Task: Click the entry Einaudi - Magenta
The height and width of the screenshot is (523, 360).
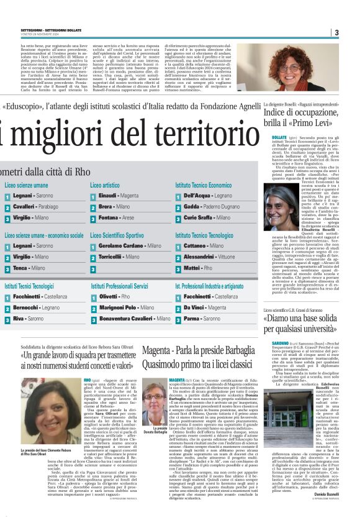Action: pyautogui.click(x=119, y=196)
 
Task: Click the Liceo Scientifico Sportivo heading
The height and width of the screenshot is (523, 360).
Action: pyautogui.click(x=119, y=235)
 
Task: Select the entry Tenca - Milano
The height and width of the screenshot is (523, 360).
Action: pyautogui.click(x=29, y=268)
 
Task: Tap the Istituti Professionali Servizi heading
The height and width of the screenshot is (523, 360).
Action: pyautogui.click(x=119, y=286)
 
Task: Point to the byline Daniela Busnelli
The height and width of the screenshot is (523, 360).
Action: pyautogui.click(x=341, y=512)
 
